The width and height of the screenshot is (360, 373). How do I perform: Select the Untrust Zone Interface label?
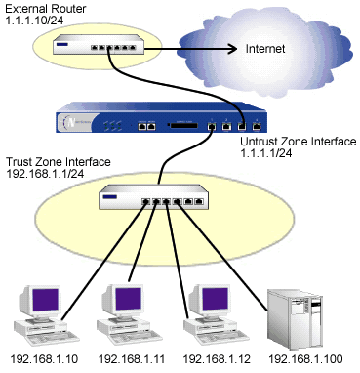coord(297,143)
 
